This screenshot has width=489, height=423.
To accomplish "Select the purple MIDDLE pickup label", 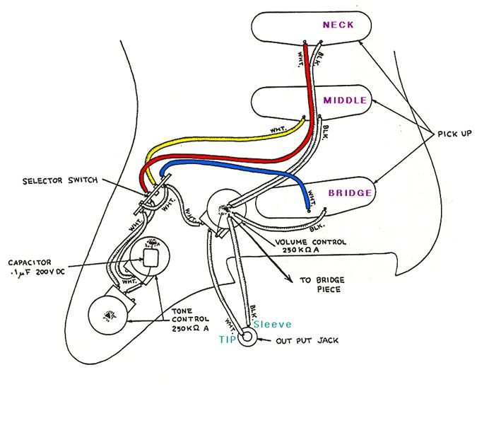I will click(x=345, y=100).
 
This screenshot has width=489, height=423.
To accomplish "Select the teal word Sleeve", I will click(x=272, y=324).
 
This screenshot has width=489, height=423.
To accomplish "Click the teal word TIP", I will click(x=227, y=340).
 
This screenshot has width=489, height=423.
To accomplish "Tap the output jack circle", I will click(x=247, y=338).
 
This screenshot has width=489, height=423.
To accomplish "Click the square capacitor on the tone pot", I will click(x=151, y=257).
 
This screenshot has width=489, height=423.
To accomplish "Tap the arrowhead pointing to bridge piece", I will click(x=288, y=278).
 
